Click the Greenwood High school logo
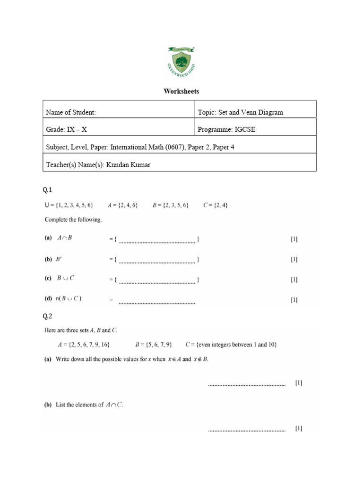[x=181, y=62]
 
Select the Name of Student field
[x=71, y=112]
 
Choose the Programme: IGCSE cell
[x=226, y=130]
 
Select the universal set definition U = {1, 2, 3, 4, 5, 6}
[x=69, y=205]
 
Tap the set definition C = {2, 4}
[x=215, y=205]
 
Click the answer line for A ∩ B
[x=157, y=241]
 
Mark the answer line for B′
[x=157, y=261]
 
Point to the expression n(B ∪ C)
[x=69, y=299]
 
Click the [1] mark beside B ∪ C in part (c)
[x=294, y=279]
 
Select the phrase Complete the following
[x=73, y=219]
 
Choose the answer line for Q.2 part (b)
[x=247, y=431]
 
